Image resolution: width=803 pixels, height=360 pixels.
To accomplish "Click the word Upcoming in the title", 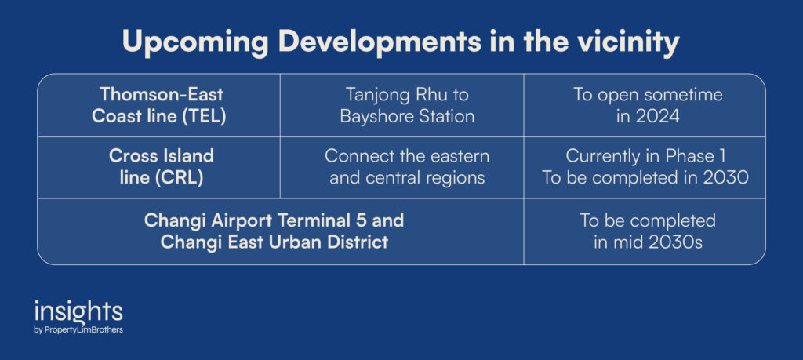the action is [x=194, y=43].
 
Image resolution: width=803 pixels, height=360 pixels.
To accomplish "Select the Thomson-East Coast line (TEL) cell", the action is [x=158, y=105].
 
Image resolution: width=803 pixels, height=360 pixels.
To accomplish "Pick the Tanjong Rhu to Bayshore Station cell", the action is [x=407, y=105].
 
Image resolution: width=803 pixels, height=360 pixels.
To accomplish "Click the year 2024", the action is [x=657, y=116].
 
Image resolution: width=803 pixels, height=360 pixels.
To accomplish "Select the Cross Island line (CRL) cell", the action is [x=158, y=168].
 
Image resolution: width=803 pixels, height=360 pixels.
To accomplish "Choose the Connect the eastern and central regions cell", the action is [x=407, y=168].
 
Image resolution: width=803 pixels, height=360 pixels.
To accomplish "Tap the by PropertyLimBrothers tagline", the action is [x=78, y=330].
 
